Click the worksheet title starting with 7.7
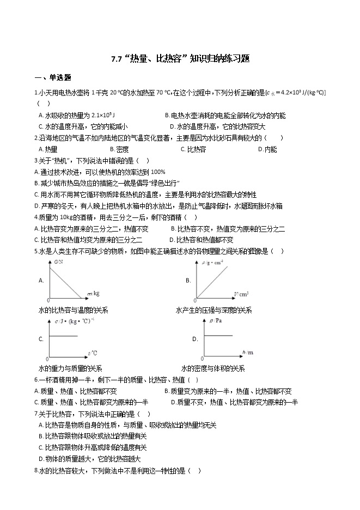tap(180, 59)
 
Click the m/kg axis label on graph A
tap(93, 294)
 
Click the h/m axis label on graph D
tap(247, 353)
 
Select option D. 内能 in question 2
tap(267, 149)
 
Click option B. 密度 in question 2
tap(119, 149)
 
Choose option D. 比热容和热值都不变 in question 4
tap(202, 240)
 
